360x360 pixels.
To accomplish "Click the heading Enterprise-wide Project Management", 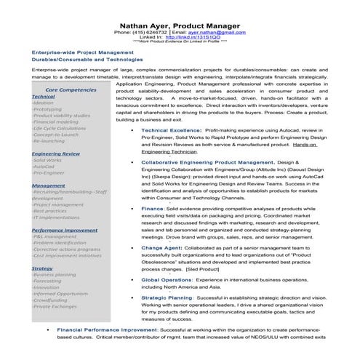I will [x=79, y=53].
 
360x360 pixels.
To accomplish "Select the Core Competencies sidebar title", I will [x=68, y=89].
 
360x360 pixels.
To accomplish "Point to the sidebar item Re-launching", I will [x=49, y=141].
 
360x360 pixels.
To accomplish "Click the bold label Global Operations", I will [x=167, y=279].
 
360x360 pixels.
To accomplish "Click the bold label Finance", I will [x=152, y=209].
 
